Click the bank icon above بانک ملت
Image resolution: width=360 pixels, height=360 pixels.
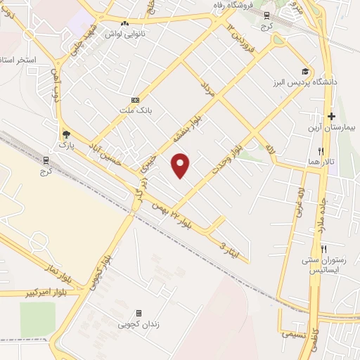tap(136, 101)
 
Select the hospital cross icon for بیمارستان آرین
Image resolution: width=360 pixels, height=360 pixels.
tap(331, 116)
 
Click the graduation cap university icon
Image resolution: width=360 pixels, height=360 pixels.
tap(305, 71)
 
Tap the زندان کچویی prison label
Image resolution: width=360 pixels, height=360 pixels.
tap(138, 324)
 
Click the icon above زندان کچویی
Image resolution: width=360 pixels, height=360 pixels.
tap(139, 313)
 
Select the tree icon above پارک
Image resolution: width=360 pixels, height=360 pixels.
tap(66, 134)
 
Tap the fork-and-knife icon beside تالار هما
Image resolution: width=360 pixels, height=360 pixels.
tap(321, 150)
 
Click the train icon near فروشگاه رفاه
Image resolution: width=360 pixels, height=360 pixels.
tap(266, 15)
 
